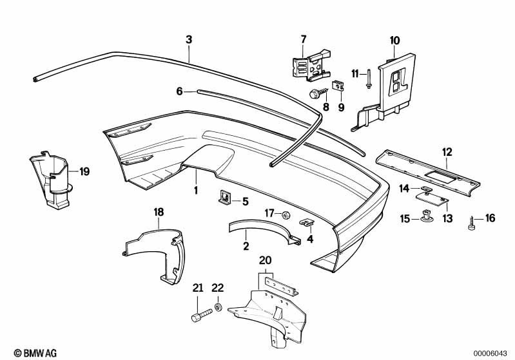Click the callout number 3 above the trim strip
point(188,40)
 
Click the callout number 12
point(447,152)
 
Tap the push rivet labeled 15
point(427,218)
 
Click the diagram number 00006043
point(492,353)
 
